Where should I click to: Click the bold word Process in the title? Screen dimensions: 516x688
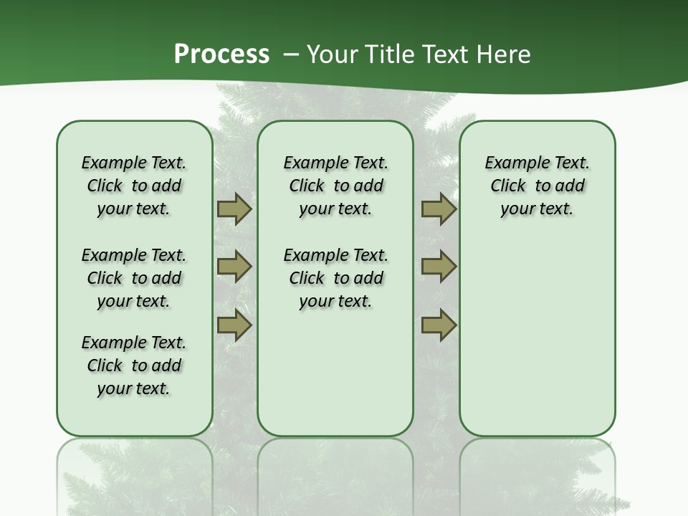coord(221,54)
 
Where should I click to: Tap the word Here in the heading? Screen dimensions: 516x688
coord(504,54)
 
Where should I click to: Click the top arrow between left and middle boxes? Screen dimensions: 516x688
coord(234,209)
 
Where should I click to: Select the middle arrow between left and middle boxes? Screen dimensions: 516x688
coord(234,267)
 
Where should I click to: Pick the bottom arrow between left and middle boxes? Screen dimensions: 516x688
coord(234,325)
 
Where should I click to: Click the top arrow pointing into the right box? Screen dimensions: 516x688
coord(439,209)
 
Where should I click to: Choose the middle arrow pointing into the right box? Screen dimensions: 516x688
coord(439,267)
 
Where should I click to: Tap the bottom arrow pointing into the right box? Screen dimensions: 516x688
coord(439,325)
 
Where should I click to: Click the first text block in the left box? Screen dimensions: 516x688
coord(134,186)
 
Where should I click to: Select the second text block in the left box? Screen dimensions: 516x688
coord(134,278)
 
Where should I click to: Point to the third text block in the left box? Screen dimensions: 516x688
coord(134,365)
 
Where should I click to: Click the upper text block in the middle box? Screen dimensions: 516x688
coord(335,186)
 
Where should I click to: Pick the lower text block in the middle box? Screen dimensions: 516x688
coord(335,278)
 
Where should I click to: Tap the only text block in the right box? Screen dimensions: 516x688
coord(537,186)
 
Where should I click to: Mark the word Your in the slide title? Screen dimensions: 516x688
coord(332,54)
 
